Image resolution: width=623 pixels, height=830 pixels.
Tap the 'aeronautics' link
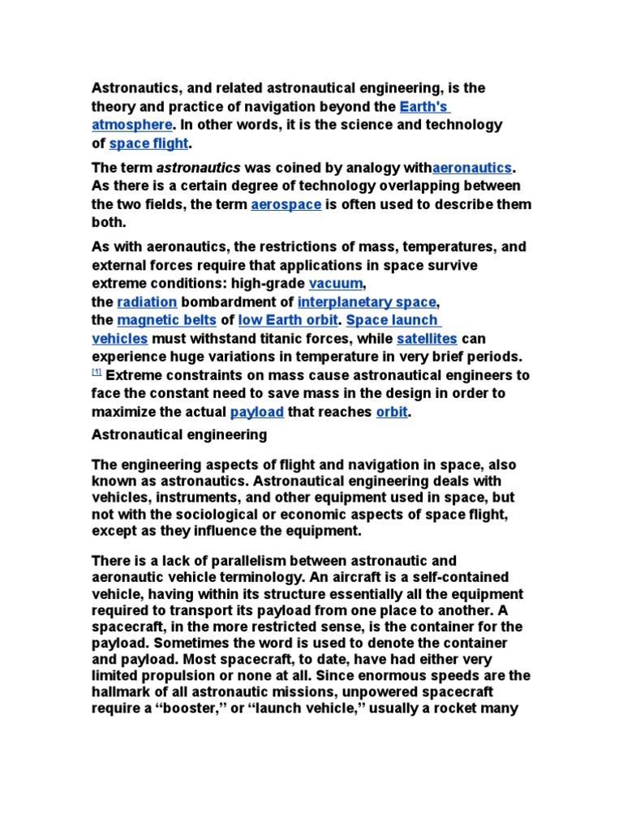(473, 168)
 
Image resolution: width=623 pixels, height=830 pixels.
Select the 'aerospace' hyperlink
(286, 204)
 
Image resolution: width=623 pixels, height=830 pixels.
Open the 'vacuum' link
(337, 284)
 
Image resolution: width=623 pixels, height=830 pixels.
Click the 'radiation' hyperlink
(147, 302)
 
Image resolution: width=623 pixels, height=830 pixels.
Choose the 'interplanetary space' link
(367, 302)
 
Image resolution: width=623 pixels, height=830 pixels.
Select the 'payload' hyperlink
(256, 412)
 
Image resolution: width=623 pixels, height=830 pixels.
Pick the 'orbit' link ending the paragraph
(392, 412)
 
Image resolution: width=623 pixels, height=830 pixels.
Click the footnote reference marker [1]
(97, 372)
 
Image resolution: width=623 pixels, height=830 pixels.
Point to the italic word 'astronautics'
(198, 168)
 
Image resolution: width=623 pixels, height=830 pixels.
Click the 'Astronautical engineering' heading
(179, 434)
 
